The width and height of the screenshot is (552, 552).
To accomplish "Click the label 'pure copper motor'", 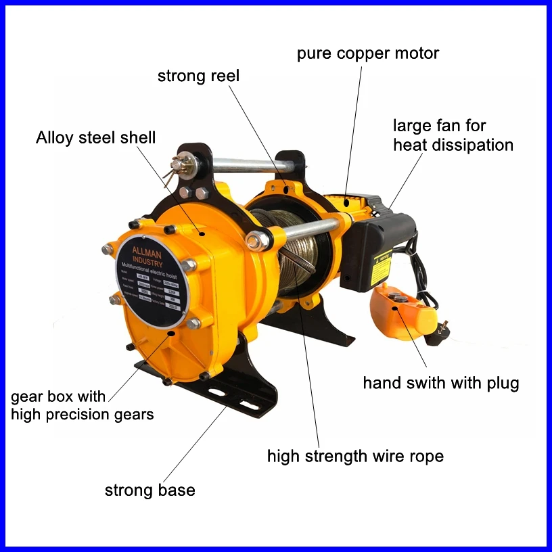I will click(368, 53).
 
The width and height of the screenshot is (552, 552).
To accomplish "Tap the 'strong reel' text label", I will click(198, 76).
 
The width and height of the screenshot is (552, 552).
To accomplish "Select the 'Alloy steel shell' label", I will click(95, 138).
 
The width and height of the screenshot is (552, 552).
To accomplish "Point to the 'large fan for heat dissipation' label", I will click(453, 135).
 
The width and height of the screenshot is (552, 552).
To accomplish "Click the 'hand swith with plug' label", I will click(440, 384).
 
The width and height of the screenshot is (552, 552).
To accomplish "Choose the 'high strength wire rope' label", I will click(355, 456).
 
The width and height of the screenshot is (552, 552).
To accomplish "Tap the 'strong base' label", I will click(149, 490).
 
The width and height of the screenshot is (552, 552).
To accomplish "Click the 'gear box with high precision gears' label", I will click(82, 405).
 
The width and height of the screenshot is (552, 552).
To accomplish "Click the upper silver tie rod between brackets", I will click(244, 164).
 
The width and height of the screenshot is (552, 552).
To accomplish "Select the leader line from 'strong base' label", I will click(196, 442).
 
